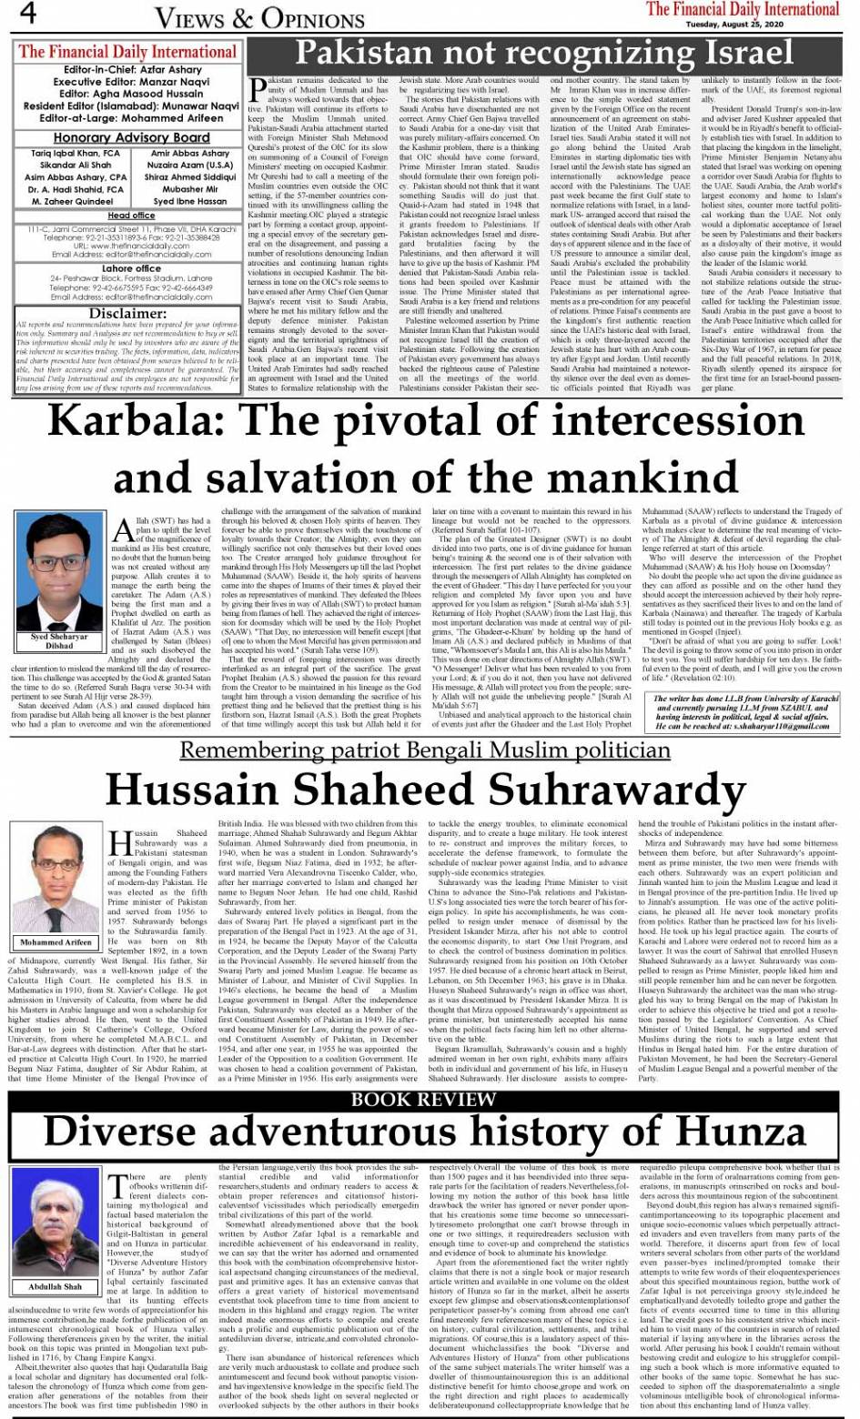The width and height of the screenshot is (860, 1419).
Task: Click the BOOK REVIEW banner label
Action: pyautogui.click(x=423, y=1099)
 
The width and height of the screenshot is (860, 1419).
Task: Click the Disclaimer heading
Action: pyautogui.click(x=126, y=313)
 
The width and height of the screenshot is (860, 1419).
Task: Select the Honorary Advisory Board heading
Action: pyautogui.click(x=131, y=138)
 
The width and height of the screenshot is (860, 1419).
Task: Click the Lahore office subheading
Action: pyautogui.click(x=131, y=268)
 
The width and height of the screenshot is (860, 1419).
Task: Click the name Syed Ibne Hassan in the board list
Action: pyautogui.click(x=190, y=201)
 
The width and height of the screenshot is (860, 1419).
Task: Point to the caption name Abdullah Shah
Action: pyautogui.click(x=55, y=1287)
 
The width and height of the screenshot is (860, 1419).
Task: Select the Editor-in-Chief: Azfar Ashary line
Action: pyautogui.click(x=133, y=69)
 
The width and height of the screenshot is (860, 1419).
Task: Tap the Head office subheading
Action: pyautogui.click(x=131, y=216)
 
